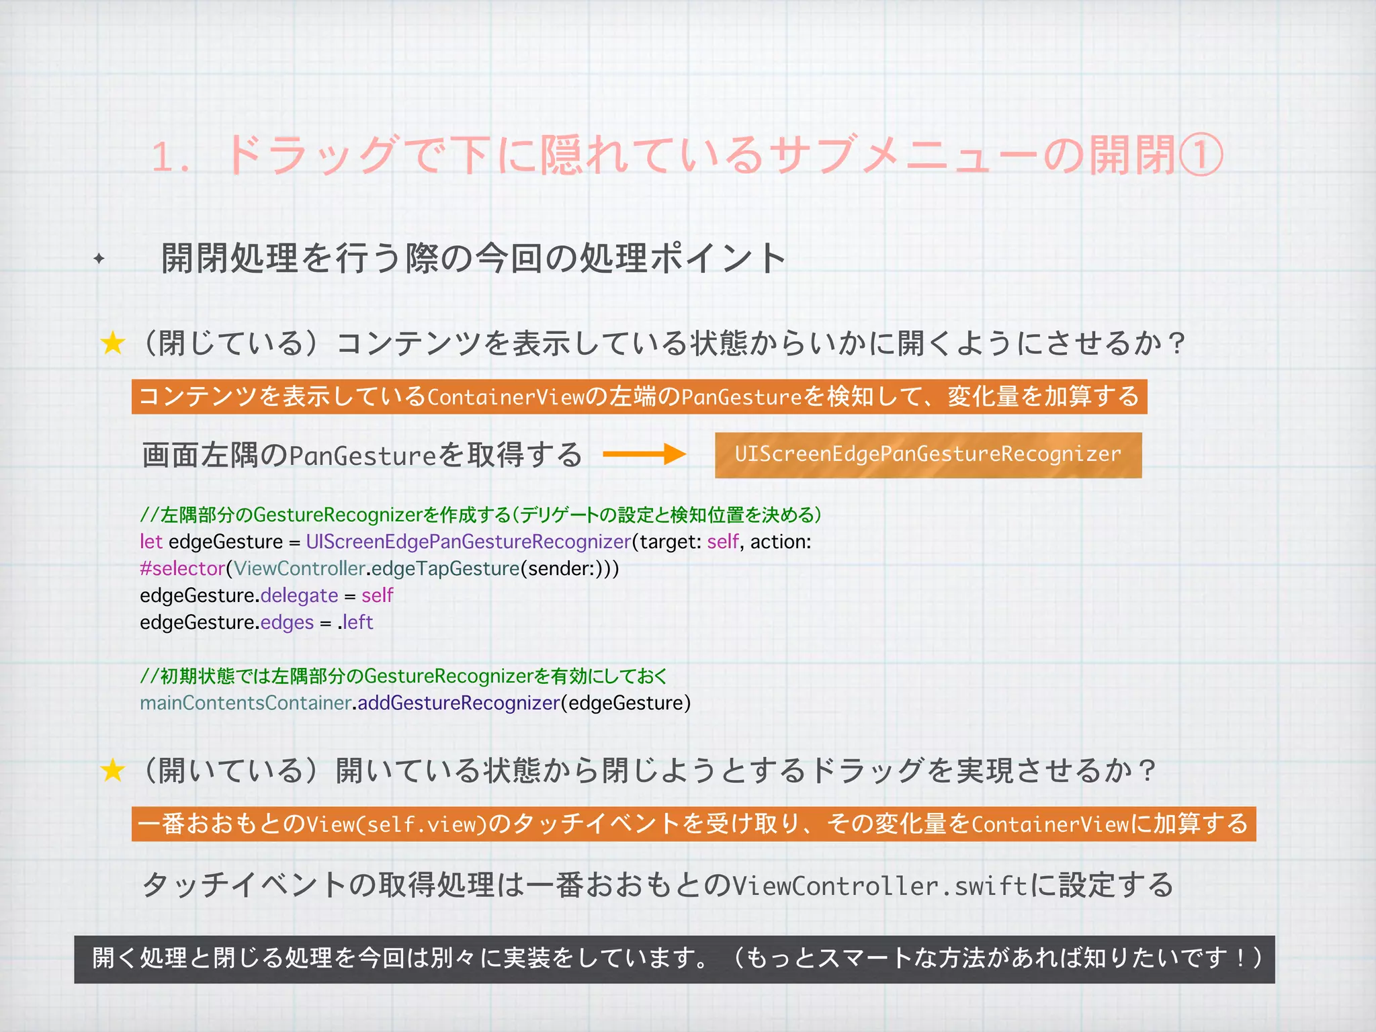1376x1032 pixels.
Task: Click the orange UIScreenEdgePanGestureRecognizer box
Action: coord(928,455)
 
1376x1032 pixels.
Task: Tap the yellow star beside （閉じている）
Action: coord(113,343)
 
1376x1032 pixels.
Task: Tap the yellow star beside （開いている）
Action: coord(113,771)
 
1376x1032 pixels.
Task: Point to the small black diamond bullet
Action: coord(99,258)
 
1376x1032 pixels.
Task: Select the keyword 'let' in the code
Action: coord(151,542)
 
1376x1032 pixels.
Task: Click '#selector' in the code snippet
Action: coord(182,568)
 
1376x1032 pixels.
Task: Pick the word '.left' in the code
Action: coord(355,622)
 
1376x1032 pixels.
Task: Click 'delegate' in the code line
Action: coord(299,595)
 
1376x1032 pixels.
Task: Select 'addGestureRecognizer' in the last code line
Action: coord(458,703)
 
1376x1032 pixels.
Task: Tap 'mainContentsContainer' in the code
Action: coord(245,703)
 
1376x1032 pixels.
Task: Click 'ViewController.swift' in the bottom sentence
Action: coord(879,886)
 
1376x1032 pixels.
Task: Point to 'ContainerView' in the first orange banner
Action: coord(506,397)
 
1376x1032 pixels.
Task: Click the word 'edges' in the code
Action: coord(287,622)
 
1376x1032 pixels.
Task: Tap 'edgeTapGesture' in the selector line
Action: coord(445,568)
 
